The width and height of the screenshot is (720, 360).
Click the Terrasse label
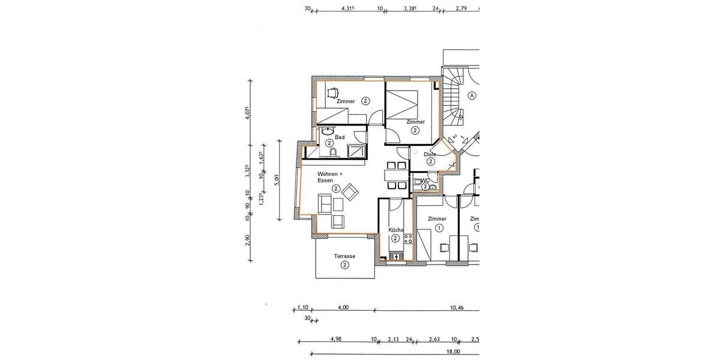click(x=344, y=256)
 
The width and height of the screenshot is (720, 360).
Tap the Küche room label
click(x=395, y=230)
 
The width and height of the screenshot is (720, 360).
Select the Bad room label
click(x=340, y=137)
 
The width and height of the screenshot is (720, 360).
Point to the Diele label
click(x=430, y=154)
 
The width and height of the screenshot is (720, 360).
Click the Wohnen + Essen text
click(x=329, y=177)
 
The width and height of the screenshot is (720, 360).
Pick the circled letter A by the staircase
click(x=472, y=95)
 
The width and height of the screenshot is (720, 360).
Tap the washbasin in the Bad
click(x=327, y=130)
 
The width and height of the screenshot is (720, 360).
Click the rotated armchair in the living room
click(x=350, y=191)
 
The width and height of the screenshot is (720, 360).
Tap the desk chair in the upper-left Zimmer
click(x=332, y=92)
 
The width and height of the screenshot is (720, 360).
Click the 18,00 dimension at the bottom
click(x=453, y=352)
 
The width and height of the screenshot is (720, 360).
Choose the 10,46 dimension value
click(x=457, y=308)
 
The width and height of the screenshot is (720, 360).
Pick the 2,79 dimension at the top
click(x=461, y=8)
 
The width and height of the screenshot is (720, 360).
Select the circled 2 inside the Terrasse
click(x=344, y=265)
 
